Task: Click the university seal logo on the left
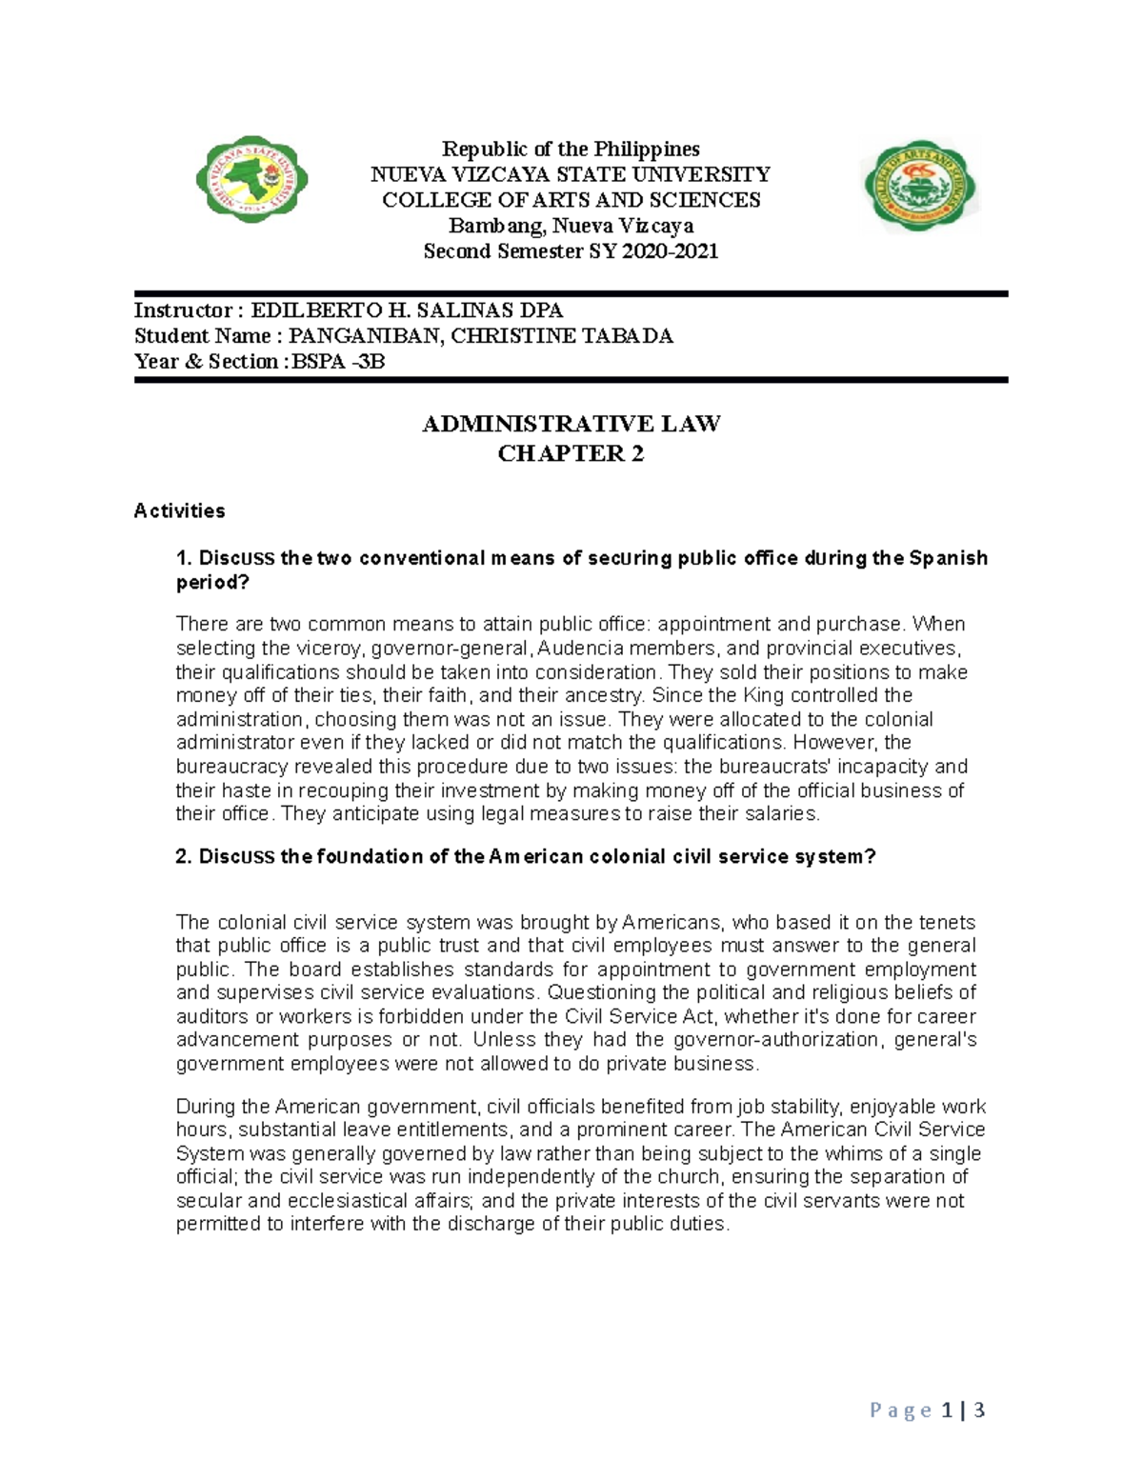[x=251, y=179]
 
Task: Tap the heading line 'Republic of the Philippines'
[x=571, y=149]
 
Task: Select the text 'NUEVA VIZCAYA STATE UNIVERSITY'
[x=571, y=174]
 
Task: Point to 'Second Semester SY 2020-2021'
[x=571, y=251]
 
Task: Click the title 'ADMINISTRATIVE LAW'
[x=571, y=424]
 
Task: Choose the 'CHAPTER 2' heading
[x=571, y=453]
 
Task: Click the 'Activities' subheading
[x=180, y=511]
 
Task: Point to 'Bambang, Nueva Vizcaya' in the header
[x=571, y=226]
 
